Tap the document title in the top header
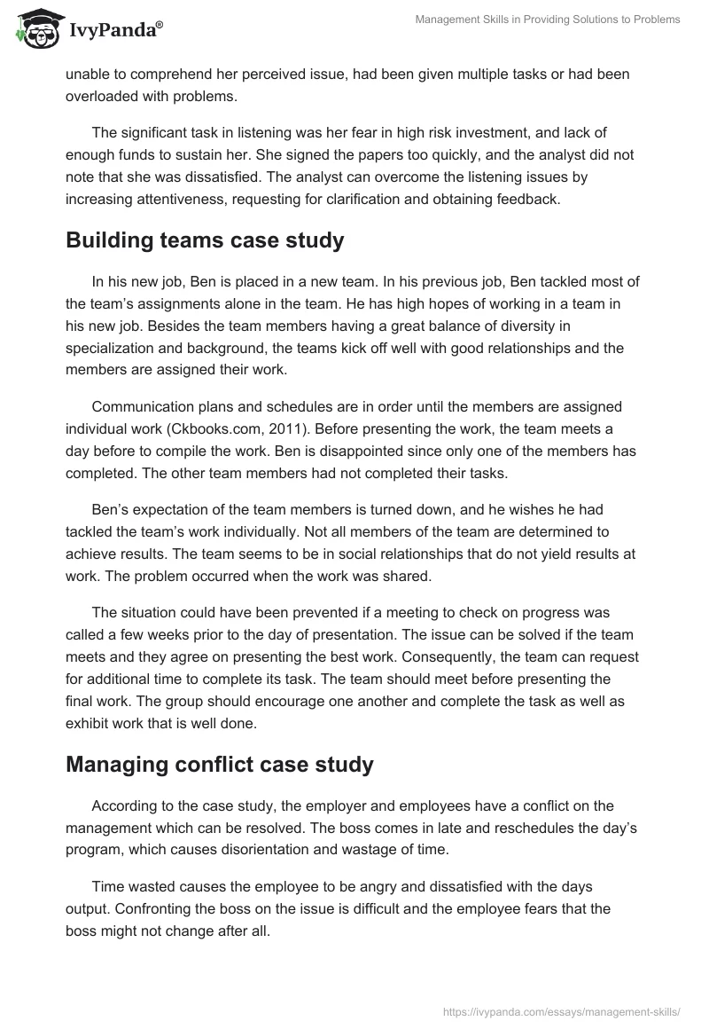coord(548,20)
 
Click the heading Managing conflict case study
coord(219,766)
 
